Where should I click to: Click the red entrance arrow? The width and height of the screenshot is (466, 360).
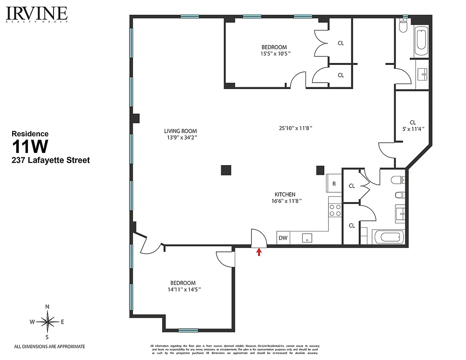click(259, 252)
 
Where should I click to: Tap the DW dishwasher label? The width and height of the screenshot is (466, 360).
click(283, 238)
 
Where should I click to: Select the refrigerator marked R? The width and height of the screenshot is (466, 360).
click(334, 184)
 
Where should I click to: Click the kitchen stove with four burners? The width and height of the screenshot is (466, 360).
click(335, 210)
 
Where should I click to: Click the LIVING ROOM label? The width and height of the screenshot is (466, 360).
click(180, 131)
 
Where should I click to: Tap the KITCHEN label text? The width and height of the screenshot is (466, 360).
click(285, 194)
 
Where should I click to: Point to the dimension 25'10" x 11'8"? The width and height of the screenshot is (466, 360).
click(296, 128)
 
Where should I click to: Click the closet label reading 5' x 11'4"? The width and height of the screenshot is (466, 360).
click(413, 128)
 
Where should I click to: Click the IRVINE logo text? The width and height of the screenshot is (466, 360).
click(37, 13)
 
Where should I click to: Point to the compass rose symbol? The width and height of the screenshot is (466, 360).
click(47, 322)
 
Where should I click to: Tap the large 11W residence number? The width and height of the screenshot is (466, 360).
click(31, 147)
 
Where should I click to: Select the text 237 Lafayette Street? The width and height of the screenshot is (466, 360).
click(50, 160)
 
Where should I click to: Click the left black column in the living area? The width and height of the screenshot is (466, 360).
click(226, 170)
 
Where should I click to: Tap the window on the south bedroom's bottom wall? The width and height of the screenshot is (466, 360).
click(188, 330)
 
